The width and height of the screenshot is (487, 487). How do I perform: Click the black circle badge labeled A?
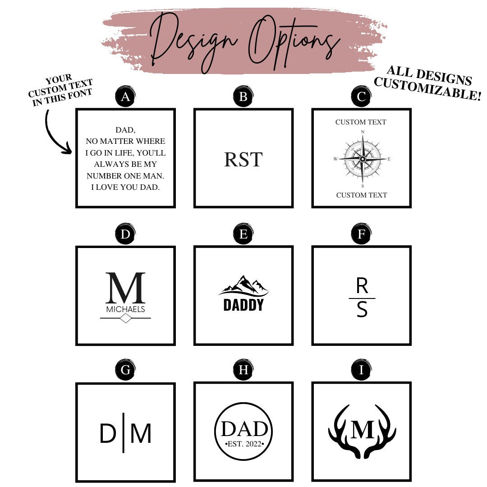pos(125,96)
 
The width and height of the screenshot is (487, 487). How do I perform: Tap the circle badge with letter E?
pos(243,234)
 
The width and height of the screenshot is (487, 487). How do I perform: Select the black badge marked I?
pos(361,370)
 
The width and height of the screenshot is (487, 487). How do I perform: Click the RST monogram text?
pos(243,159)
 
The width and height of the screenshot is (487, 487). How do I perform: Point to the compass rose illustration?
pos(362,159)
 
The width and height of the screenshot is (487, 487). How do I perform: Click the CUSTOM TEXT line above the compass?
pos(361,122)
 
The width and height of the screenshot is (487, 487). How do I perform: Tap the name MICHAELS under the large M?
pos(125,309)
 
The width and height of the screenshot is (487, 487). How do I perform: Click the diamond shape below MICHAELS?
pos(125,318)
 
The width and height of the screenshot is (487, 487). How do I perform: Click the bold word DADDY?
pos(243,305)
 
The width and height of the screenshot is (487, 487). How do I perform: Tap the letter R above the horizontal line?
pos(362,286)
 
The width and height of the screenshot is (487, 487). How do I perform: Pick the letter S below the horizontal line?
pos(362,309)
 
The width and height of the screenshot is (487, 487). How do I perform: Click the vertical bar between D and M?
pos(124,432)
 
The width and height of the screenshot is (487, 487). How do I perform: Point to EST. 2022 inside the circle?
pos(244,444)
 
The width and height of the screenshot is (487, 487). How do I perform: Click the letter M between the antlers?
pos(362,430)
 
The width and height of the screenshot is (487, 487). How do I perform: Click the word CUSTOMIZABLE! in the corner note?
pos(427,89)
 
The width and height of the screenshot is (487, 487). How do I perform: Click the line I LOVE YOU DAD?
pos(125,187)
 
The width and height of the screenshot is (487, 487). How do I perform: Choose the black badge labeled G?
pos(125,370)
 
